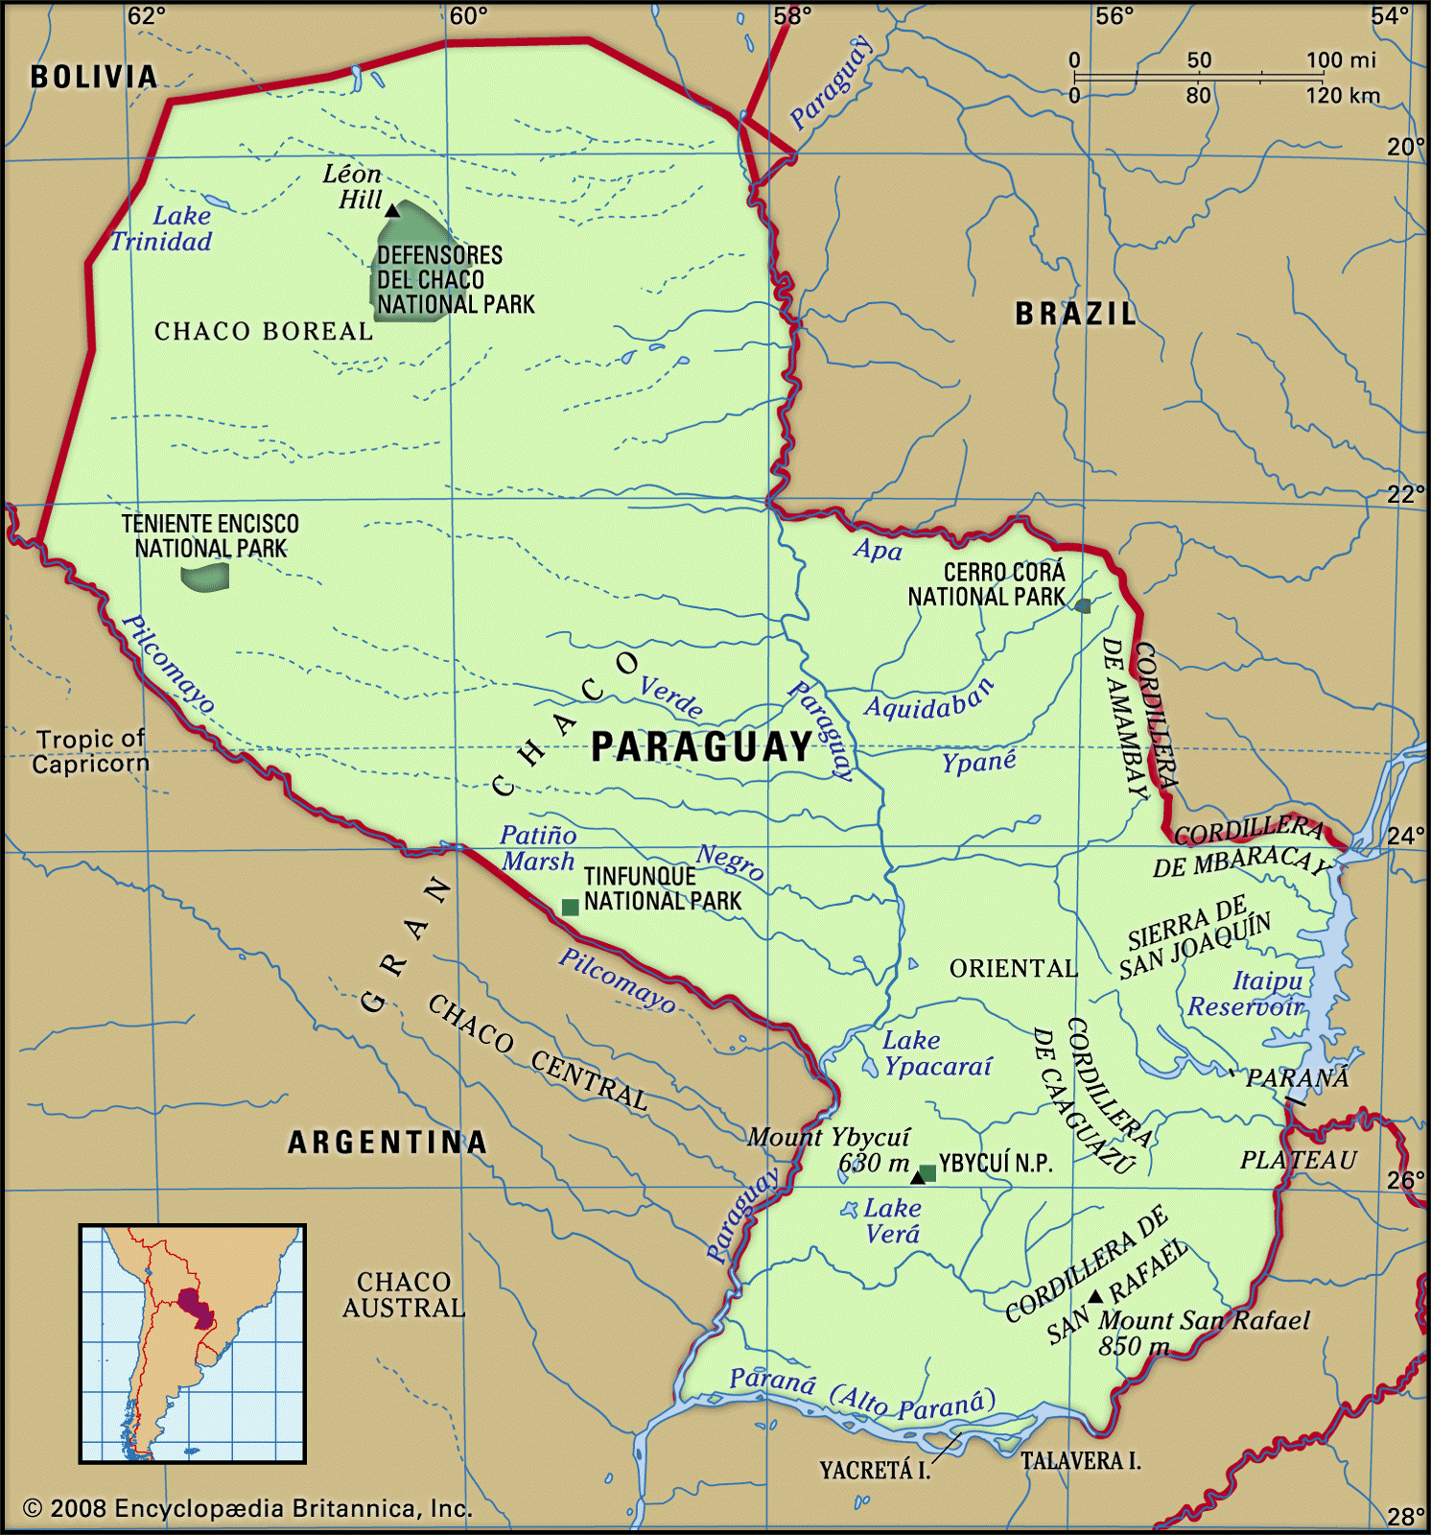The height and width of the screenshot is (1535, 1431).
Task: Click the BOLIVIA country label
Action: (93, 77)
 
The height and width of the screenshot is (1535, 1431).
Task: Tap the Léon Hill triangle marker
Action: (392, 209)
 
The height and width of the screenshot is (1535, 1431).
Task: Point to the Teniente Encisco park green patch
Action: (206, 578)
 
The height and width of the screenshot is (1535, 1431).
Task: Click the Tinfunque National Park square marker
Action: (570, 907)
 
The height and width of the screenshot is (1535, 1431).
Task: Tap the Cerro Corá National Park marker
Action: (1083, 605)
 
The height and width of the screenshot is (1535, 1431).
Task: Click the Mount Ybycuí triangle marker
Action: (918, 1176)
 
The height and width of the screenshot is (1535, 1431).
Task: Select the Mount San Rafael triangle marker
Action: (1095, 1296)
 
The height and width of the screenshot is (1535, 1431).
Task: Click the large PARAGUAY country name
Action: (701, 746)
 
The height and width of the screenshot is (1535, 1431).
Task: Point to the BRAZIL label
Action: (1075, 314)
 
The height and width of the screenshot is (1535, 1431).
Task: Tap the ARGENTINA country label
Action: (387, 1142)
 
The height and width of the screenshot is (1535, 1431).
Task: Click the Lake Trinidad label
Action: (161, 228)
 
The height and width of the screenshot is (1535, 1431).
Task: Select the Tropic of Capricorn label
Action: (90, 751)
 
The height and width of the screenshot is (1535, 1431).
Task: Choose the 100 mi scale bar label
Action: (1340, 59)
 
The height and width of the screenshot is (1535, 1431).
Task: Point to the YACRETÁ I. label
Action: (874, 1471)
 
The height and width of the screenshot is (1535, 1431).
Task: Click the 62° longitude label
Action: (146, 15)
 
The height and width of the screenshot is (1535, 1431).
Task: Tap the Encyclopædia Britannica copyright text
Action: (247, 1509)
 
